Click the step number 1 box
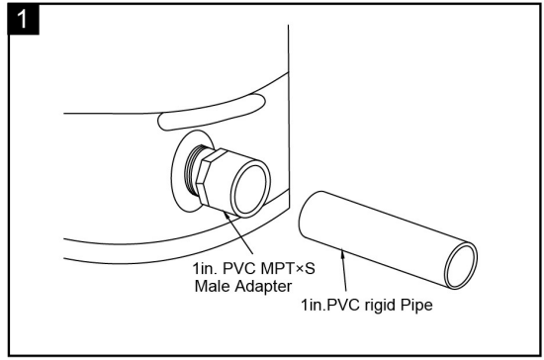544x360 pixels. [17, 16]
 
